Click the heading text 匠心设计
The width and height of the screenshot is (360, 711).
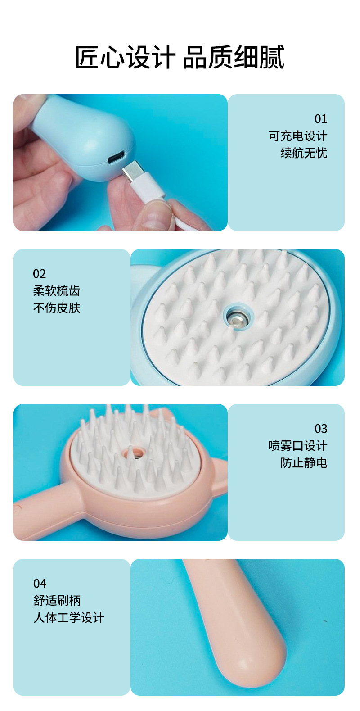click(x=125, y=58)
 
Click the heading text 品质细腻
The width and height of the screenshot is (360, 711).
click(x=234, y=58)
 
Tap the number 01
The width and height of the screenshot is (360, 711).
click(x=320, y=119)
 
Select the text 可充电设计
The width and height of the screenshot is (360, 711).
click(x=297, y=136)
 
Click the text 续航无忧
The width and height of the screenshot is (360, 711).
click(x=303, y=153)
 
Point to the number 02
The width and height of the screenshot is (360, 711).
click(x=39, y=274)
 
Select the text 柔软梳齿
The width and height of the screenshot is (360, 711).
click(x=56, y=291)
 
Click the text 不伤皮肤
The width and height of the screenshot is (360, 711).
click(x=56, y=308)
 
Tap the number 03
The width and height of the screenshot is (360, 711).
click(x=320, y=429)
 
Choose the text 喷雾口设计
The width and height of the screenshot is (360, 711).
click(x=297, y=446)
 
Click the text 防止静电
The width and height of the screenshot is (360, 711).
click(x=303, y=463)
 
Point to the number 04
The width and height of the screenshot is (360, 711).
click(x=40, y=584)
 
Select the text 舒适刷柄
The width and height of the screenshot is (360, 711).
click(x=57, y=601)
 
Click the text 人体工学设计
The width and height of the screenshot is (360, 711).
click(x=68, y=618)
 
